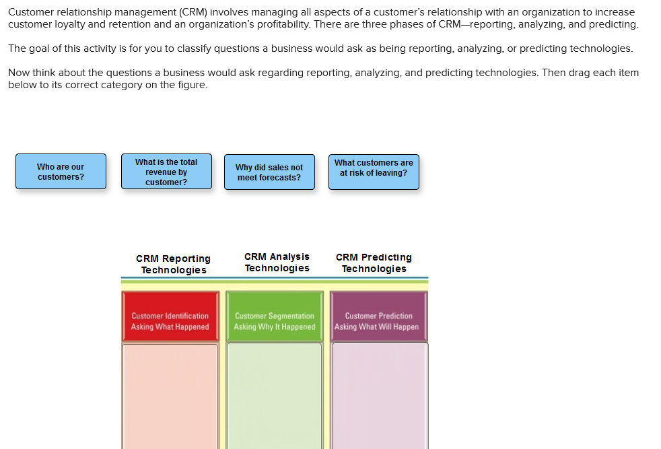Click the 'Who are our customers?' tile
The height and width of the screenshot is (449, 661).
point(61,172)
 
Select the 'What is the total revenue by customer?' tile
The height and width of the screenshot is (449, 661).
point(166,172)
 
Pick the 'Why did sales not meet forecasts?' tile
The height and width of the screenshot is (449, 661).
point(269,172)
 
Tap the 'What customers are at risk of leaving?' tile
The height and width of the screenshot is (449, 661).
point(374,172)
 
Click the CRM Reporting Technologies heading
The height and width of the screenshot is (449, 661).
point(173,264)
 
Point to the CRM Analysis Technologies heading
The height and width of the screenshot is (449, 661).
point(277,262)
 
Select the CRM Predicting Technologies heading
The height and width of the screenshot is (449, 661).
point(374,263)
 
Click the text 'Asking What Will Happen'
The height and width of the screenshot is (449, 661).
point(376,326)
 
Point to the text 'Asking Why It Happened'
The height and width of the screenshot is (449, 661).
point(274,326)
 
